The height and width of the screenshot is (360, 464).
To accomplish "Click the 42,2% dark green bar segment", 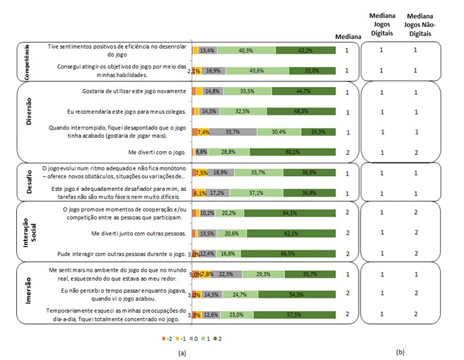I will (x=304, y=51).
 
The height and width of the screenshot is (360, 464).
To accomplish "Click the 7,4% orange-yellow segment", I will (x=204, y=132).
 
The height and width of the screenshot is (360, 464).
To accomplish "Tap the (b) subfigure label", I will (x=400, y=352).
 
